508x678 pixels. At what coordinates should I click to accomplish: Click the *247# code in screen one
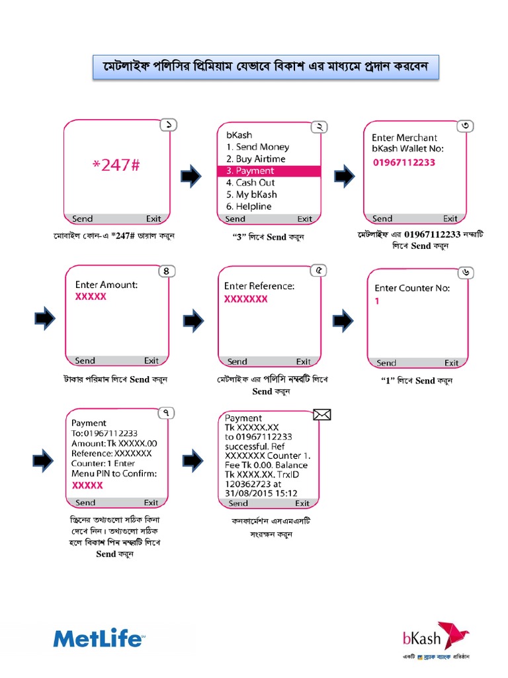pos(116,166)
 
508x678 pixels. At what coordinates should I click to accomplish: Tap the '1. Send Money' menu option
pos(257,147)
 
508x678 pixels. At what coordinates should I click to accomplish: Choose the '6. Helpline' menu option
pos(249,207)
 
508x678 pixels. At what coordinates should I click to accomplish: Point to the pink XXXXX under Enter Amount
pos(91,297)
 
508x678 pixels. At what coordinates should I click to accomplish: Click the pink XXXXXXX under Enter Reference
pos(245,299)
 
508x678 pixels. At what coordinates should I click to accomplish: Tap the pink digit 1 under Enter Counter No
pos(377,301)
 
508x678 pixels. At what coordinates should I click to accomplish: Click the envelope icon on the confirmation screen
pos(321,414)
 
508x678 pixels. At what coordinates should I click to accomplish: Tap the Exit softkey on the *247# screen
pos(153,218)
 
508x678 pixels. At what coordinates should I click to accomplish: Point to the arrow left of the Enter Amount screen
pos(44,319)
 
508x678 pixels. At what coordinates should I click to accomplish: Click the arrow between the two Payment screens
pos(192,458)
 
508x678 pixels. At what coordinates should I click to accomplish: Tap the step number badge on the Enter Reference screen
pos(319,271)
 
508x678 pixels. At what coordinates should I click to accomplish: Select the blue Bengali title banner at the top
pos(265,68)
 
